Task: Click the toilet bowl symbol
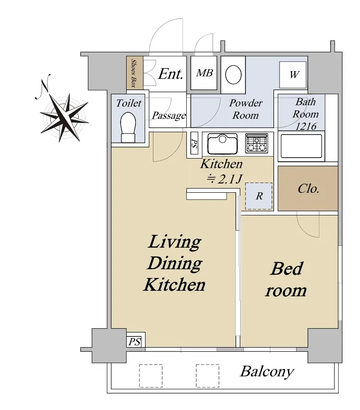pyautogui.click(x=128, y=127)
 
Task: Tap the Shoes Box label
pyautogui.click(x=134, y=73)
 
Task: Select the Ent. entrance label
pyautogui.click(x=171, y=74)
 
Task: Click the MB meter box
pyautogui.click(x=204, y=73)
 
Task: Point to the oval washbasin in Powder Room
pyautogui.click(x=233, y=74)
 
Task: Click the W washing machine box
pyautogui.click(x=293, y=75)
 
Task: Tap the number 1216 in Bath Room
pyautogui.click(x=306, y=127)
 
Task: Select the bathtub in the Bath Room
pyautogui.click(x=301, y=147)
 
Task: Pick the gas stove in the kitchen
pyautogui.click(x=257, y=143)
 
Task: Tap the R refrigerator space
pyautogui.click(x=259, y=196)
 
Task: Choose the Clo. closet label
pyautogui.click(x=309, y=189)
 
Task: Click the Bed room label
pyautogui.click(x=286, y=279)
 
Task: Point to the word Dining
pyautogui.click(x=175, y=263)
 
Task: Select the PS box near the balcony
pyautogui.click(x=134, y=342)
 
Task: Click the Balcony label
pyautogui.click(x=267, y=372)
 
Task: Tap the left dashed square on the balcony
pyautogui.click(x=151, y=376)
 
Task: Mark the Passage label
pyautogui.click(x=169, y=115)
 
